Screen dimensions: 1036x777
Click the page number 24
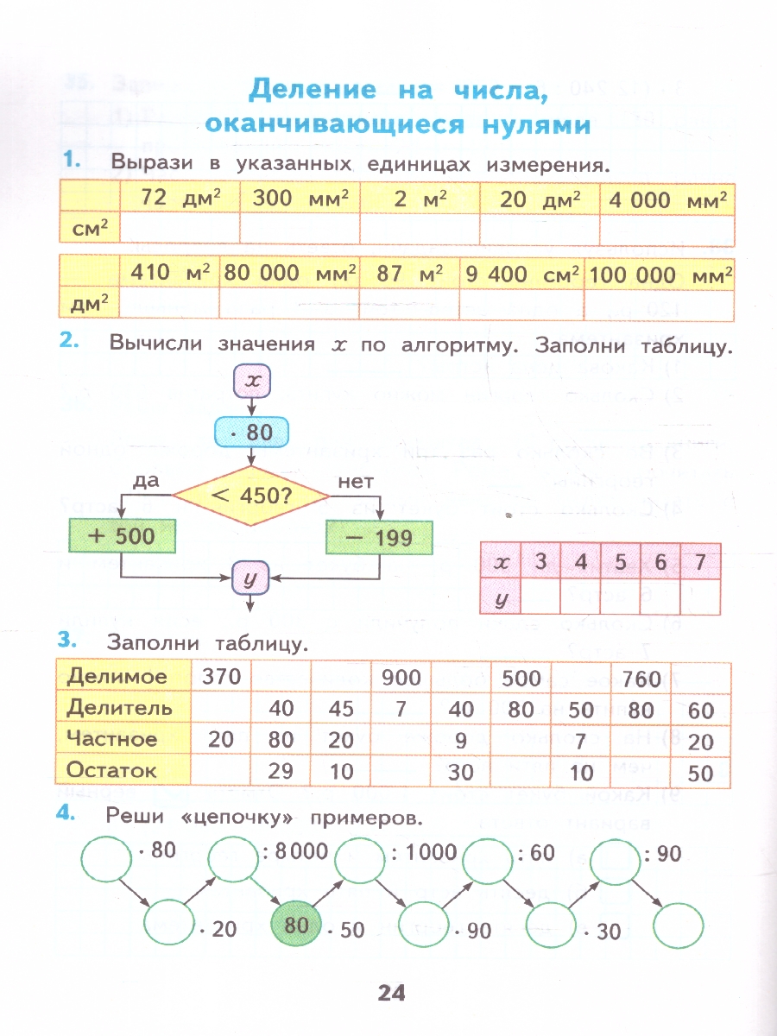point(390,993)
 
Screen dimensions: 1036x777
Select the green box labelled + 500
point(121,536)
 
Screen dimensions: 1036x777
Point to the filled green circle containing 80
point(296,925)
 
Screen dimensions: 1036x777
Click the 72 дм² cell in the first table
point(179,199)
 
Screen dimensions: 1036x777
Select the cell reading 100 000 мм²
point(660,274)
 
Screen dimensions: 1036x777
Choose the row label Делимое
point(117,677)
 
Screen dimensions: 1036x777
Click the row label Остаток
point(112,770)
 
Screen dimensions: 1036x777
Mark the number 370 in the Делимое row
point(222,677)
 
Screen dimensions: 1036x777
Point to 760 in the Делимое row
point(641,679)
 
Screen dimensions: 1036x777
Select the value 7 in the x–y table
point(700,562)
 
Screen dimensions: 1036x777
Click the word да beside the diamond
point(147,481)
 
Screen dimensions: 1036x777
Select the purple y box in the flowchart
point(250,578)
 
